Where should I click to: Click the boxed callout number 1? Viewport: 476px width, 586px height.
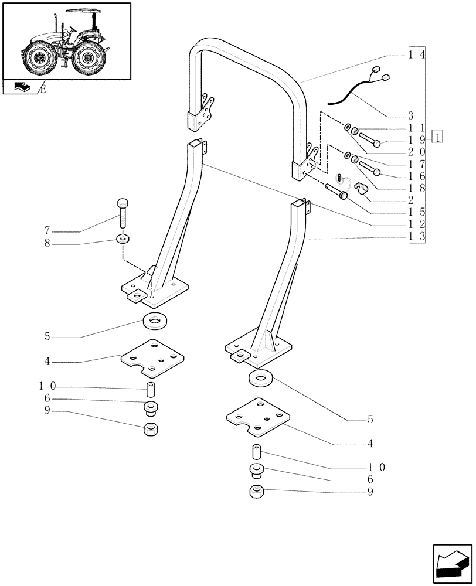pos(437,138)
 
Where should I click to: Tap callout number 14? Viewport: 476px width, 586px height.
pos(417,54)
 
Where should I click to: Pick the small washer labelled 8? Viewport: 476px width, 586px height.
pos(123,239)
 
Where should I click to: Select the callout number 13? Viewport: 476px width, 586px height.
pos(417,237)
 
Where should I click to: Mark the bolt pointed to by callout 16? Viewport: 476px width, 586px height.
pos(369,168)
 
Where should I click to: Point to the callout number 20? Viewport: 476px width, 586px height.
pos(417,151)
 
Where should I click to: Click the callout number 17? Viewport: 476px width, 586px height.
pos(417,163)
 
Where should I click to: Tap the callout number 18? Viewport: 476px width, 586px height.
pos(417,188)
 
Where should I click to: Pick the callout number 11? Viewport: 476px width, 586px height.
pos(417,127)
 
